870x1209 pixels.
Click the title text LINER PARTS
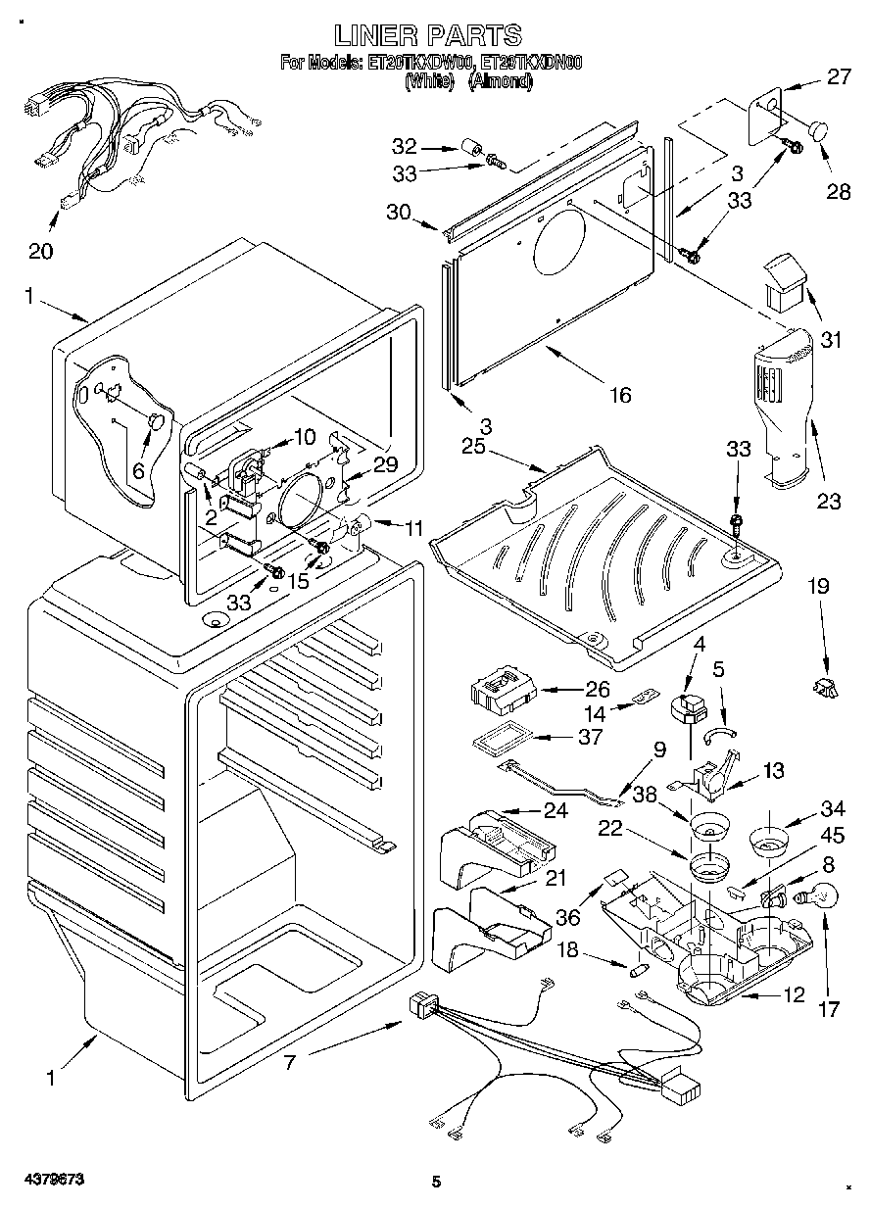[x=427, y=36]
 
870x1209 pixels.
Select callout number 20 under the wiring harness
[x=40, y=251]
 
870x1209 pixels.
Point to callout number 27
[x=839, y=77]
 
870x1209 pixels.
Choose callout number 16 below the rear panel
[x=619, y=395]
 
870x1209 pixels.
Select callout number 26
[x=597, y=689]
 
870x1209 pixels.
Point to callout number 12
[x=794, y=995]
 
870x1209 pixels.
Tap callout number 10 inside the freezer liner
[x=305, y=436]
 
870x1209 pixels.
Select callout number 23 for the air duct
[x=829, y=502]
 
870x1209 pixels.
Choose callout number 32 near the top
[x=404, y=147]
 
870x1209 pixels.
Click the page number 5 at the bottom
[x=437, y=1183]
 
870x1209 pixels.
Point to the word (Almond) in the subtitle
[x=501, y=82]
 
